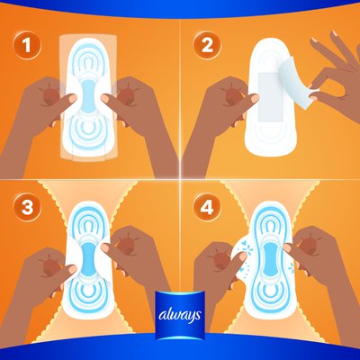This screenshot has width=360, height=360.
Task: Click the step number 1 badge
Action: (x=27, y=46)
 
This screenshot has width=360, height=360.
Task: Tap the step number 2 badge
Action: (x=207, y=46)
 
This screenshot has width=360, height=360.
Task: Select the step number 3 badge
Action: (x=27, y=207)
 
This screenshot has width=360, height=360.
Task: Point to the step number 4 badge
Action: (x=207, y=207)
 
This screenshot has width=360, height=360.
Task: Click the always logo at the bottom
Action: (x=180, y=315)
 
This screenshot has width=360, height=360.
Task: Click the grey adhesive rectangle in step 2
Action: (x=271, y=96)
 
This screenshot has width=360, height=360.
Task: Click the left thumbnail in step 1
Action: (x=72, y=98)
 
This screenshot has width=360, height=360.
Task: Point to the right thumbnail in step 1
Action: (x=105, y=98)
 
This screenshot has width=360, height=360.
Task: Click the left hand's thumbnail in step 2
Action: (x=254, y=98)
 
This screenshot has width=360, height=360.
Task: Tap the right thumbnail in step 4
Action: (x=288, y=247)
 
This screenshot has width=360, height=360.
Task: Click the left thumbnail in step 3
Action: (x=72, y=269)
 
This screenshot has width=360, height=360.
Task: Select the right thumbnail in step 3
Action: (x=105, y=247)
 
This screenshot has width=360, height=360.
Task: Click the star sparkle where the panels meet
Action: (x=180, y=179)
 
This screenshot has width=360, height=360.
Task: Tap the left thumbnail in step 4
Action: (x=242, y=256)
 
